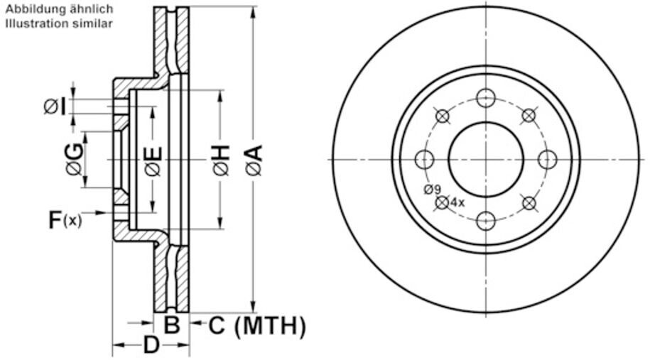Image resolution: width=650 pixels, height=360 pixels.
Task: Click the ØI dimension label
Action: [x=56, y=107]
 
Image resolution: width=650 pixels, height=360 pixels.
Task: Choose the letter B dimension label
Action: [x=172, y=326]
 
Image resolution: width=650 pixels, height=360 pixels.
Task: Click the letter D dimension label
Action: [x=151, y=346]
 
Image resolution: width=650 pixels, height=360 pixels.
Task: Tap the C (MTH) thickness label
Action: [x=257, y=326]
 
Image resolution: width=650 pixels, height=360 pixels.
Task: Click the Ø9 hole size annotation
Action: [x=432, y=189]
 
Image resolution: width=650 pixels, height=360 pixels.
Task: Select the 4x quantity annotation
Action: [x=457, y=202]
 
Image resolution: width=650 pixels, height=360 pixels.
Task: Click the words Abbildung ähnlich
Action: [x=59, y=9]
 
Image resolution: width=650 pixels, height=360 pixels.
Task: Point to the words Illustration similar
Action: [x=59, y=23]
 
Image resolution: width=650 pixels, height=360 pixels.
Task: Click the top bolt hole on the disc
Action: [x=486, y=98]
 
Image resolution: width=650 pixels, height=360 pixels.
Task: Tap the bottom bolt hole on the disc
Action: [x=486, y=220]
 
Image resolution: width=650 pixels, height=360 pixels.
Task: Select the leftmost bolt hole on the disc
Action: [x=425, y=159]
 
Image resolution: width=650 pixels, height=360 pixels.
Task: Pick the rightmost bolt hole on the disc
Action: [x=547, y=159]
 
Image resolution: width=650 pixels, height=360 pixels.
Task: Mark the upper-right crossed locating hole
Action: [x=529, y=115]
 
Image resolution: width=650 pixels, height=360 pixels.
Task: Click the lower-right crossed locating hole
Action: [x=529, y=203]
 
